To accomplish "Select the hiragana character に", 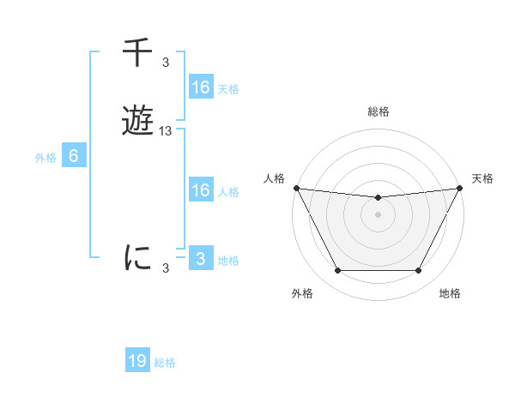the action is click(x=137, y=258).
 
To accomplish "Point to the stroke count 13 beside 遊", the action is click(x=166, y=131).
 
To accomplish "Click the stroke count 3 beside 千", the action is click(x=166, y=63).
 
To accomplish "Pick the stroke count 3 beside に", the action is click(x=166, y=268).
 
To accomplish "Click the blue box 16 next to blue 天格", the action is click(x=200, y=87).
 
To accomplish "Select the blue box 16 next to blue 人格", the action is click(x=200, y=190).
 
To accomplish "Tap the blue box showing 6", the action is click(x=74, y=156).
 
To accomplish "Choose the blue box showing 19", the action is click(x=137, y=362).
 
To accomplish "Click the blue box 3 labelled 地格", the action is click(x=200, y=259).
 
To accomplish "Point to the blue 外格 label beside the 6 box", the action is click(x=45, y=157).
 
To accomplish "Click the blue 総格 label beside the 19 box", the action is click(x=165, y=363).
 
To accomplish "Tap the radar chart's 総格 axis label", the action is click(x=378, y=111).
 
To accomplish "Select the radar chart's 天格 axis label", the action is click(x=482, y=178).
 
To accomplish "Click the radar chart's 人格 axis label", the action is click(x=274, y=178).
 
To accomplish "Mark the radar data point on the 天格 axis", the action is click(x=460, y=188).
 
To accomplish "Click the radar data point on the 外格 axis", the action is click(x=337, y=271).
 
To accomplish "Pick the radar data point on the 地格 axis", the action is click(x=419, y=271).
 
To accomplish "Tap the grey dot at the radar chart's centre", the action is click(x=378, y=214).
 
